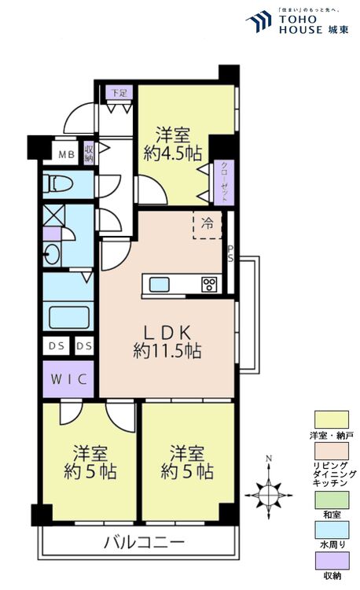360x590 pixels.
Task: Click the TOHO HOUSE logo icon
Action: (259, 22)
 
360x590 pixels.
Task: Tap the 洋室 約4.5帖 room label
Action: (173, 145)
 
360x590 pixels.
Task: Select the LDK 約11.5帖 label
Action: (167, 341)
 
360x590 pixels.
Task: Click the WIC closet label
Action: (68, 379)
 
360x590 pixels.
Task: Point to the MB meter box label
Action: (67, 154)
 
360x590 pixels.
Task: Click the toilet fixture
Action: (57, 184)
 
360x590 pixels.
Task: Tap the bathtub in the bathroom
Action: (69, 318)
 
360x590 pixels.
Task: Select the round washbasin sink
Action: (51, 254)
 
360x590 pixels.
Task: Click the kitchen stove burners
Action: (209, 284)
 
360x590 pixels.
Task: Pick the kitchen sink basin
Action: (160, 284)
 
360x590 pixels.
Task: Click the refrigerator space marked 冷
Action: (207, 225)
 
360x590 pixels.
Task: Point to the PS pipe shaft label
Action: (230, 253)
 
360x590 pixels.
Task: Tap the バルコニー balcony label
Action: (145, 542)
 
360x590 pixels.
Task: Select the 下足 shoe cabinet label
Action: (119, 93)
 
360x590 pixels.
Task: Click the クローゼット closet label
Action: (224, 183)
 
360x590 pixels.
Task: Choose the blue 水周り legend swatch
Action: (332, 529)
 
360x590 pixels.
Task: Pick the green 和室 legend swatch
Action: (332, 500)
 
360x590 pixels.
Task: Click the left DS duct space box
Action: (57, 346)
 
